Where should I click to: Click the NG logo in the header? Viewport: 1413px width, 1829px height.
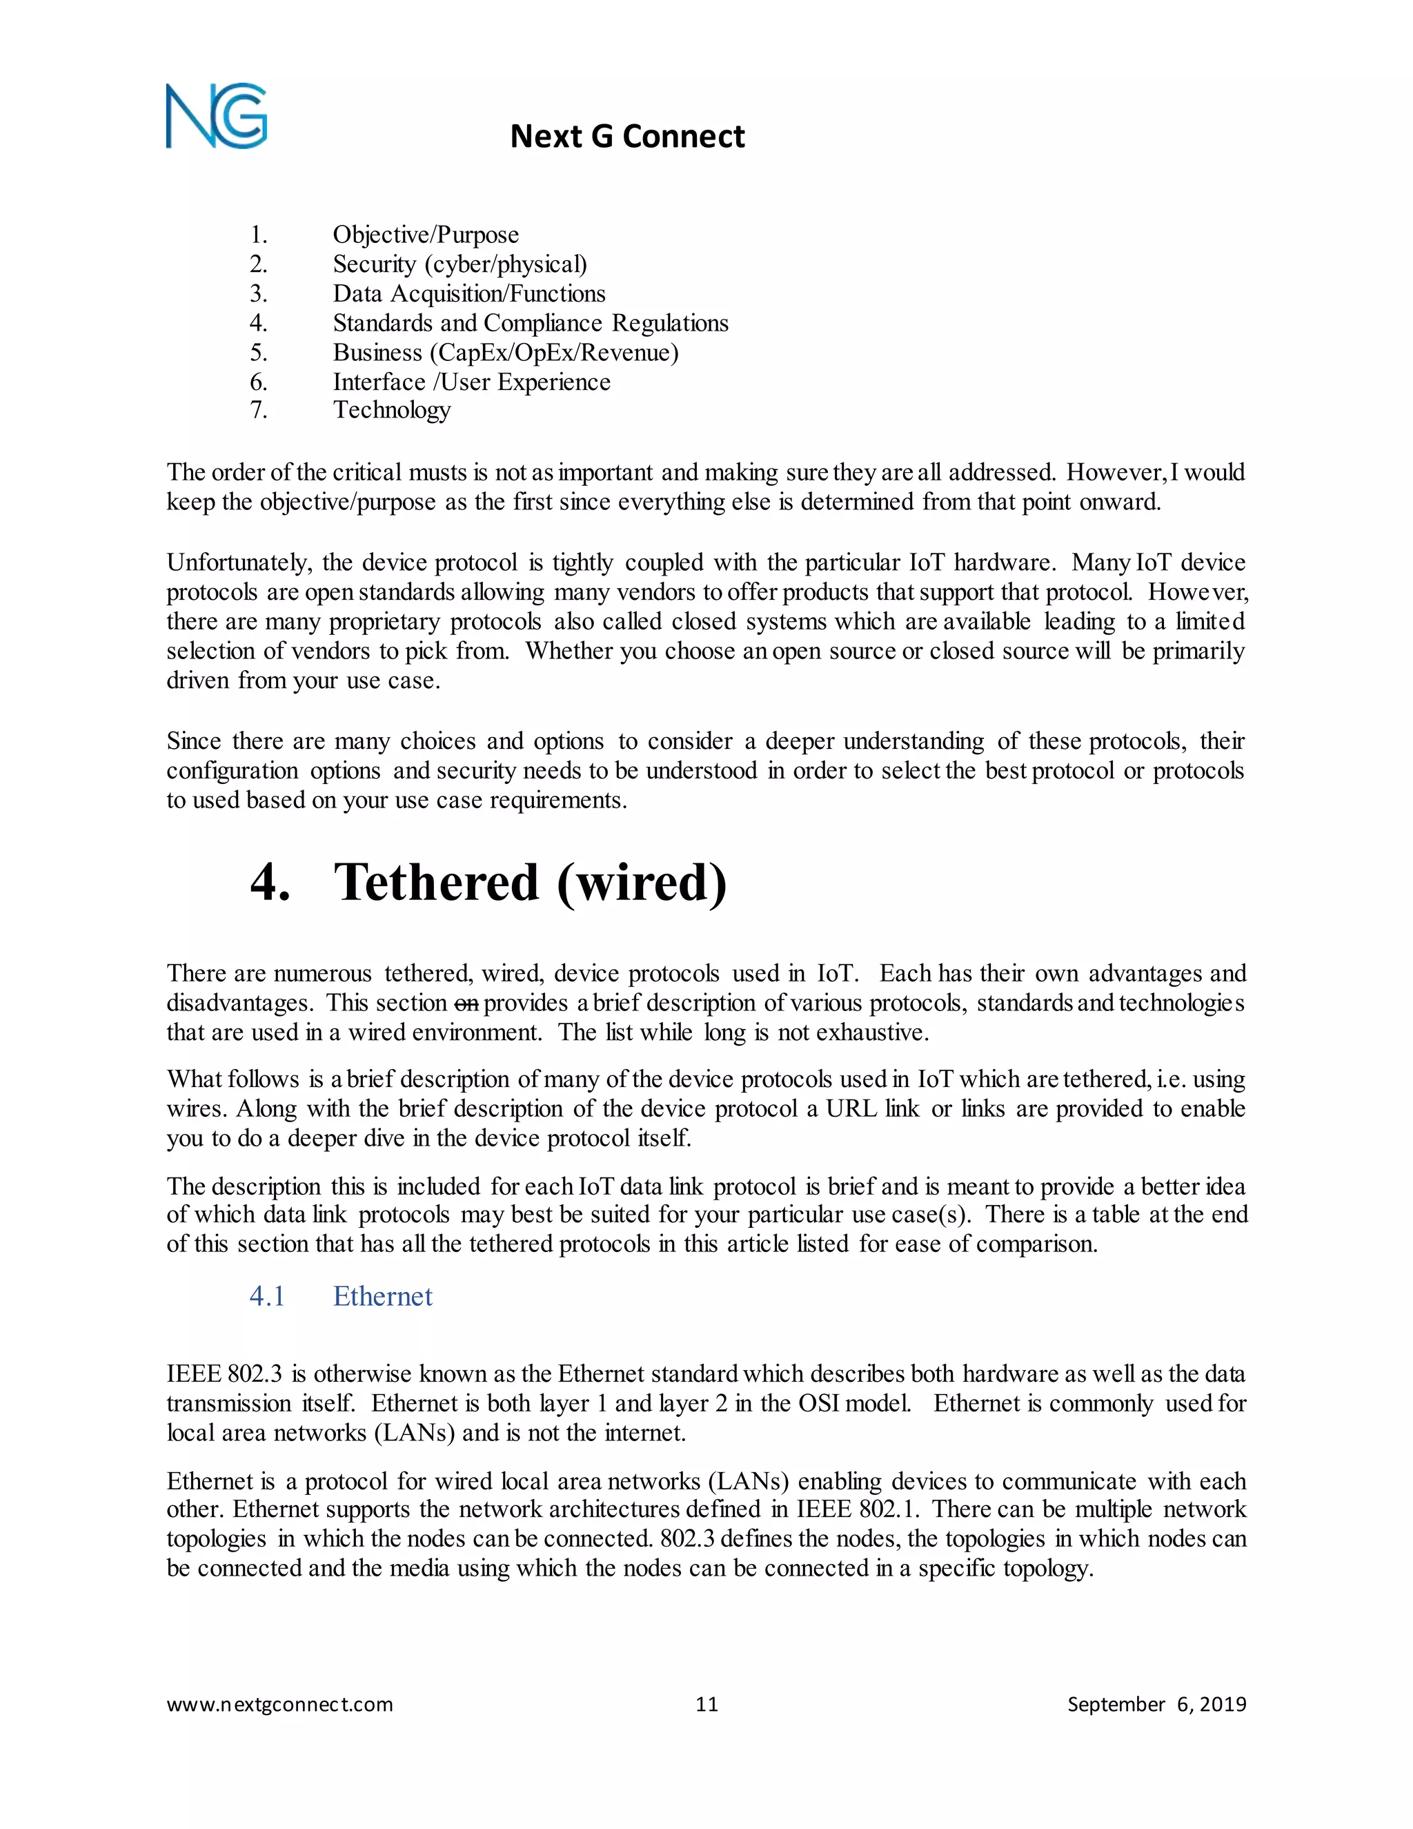click(x=216, y=117)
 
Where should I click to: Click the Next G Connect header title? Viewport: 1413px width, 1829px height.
click(x=627, y=137)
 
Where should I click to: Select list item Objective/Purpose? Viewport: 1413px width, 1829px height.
click(x=425, y=235)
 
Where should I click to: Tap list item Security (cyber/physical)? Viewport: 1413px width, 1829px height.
click(x=460, y=264)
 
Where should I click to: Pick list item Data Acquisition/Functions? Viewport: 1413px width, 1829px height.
click(x=468, y=293)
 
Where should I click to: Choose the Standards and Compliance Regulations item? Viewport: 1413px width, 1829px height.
click(x=530, y=322)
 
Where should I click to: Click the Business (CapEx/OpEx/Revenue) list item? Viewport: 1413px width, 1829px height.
click(x=506, y=353)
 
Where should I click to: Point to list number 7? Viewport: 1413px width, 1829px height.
click(x=259, y=411)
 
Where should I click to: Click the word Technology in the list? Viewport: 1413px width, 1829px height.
click(x=392, y=411)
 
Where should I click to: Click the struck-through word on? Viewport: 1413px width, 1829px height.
click(x=466, y=1004)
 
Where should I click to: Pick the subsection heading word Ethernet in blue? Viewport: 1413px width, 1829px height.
click(x=382, y=1296)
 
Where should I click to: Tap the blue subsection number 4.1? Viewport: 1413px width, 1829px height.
click(x=267, y=1296)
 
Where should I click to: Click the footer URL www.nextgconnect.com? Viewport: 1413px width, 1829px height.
click(x=279, y=1704)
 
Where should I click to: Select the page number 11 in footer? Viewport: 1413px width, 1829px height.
click(x=706, y=1704)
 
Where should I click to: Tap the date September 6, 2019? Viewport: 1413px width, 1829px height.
click(x=1156, y=1704)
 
